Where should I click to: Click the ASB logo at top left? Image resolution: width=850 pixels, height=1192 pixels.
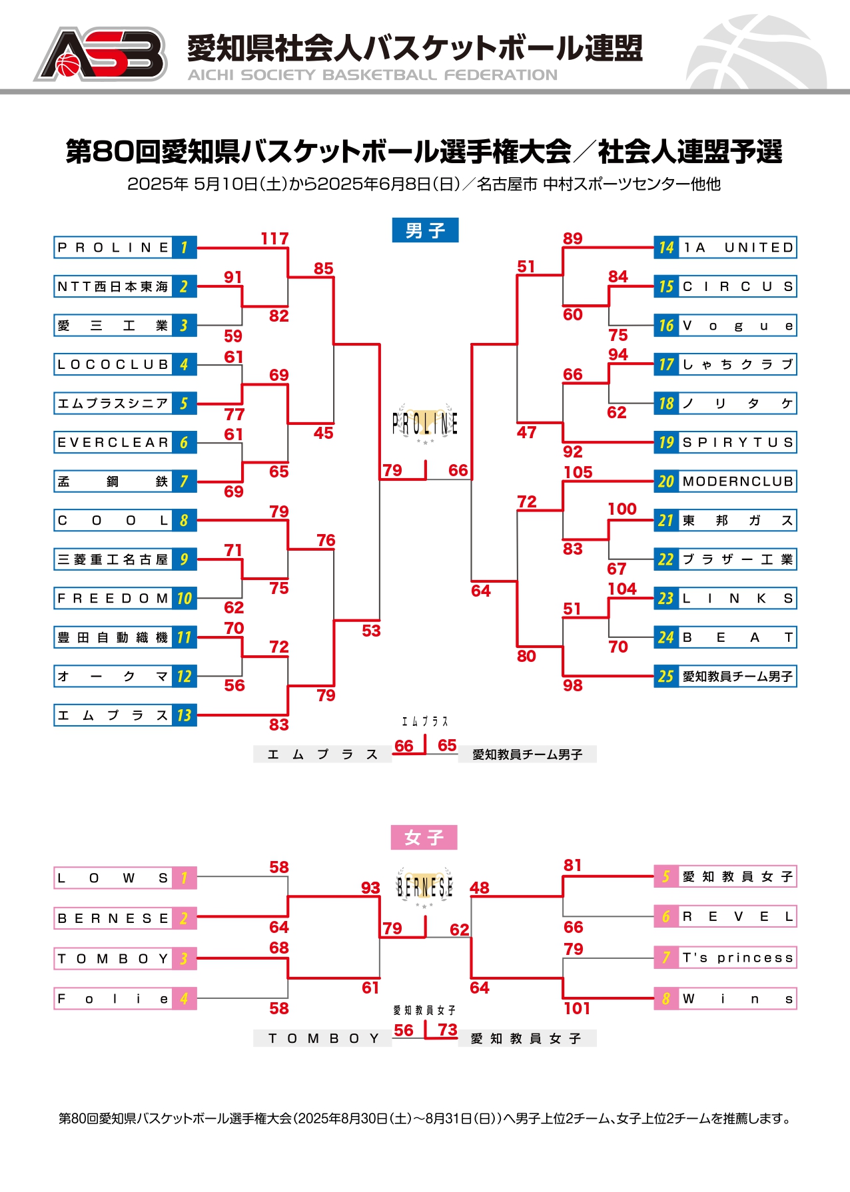tap(100, 54)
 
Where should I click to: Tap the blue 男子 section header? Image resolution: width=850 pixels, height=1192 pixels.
tap(425, 230)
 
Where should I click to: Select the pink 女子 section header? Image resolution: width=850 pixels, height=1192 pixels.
tap(424, 837)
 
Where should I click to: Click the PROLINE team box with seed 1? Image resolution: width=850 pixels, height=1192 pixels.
tap(125, 248)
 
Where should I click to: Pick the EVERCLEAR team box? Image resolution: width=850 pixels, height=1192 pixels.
tap(125, 442)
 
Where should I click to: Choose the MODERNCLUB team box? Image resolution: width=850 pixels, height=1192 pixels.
tap(725, 481)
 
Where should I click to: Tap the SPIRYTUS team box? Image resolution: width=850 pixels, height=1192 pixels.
tap(725, 442)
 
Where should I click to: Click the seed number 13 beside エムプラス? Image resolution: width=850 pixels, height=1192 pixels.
tap(185, 715)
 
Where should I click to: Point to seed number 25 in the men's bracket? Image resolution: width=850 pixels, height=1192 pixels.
tap(666, 677)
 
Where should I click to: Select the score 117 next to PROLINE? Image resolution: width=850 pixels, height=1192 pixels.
tap(274, 238)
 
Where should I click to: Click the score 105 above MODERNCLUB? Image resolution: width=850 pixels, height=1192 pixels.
tap(578, 472)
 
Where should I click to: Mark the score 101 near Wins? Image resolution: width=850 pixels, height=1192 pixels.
tap(577, 1008)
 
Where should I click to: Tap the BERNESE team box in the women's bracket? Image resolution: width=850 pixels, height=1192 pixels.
tap(125, 918)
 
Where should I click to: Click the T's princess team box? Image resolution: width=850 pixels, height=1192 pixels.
tap(725, 958)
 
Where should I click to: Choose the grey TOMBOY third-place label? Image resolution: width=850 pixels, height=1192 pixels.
tap(322, 1038)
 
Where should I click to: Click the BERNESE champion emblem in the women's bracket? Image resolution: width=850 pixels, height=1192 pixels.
tap(424, 887)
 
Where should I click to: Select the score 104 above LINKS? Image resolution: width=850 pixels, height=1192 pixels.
tap(622, 589)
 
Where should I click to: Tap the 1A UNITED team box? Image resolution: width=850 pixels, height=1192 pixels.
tap(725, 248)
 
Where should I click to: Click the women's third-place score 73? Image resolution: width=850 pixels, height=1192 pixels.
tap(448, 1030)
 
